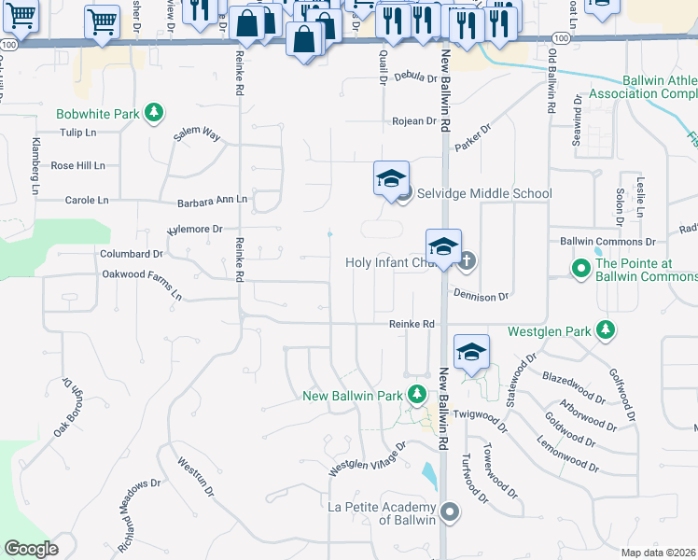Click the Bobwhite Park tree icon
coord(153,114)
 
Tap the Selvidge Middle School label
coord(484,193)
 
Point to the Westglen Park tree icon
coord(607,330)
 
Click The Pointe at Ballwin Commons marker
coord(580,270)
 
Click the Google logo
coord(31,549)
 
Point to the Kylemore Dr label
coord(195,229)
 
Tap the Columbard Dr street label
coord(132,253)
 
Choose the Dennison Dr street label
coord(482,296)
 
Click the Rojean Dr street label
coord(414,121)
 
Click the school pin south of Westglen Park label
coord(472,353)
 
